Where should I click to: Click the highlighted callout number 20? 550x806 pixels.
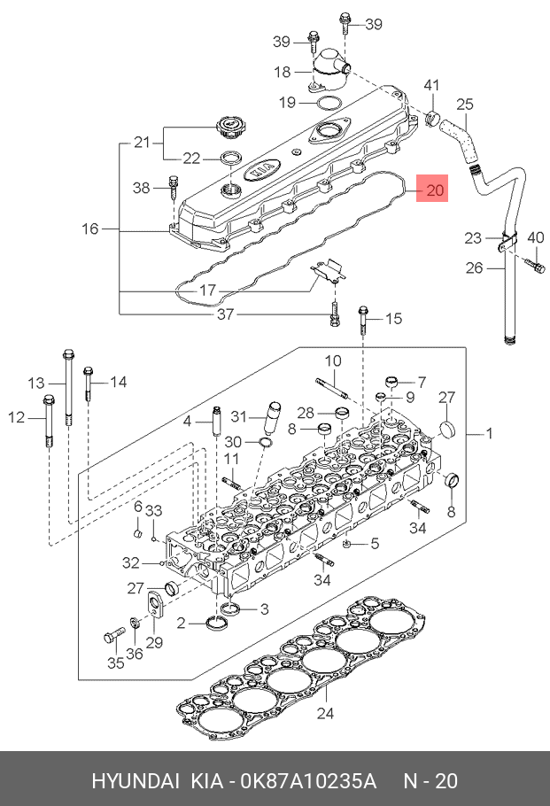[435, 190]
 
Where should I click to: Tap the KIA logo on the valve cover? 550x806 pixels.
[263, 169]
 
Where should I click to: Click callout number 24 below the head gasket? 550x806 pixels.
[325, 713]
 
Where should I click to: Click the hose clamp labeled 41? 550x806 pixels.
[433, 117]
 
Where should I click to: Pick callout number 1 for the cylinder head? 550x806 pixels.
[490, 433]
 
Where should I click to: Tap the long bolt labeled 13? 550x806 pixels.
[68, 388]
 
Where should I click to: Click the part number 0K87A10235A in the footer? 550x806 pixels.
[309, 781]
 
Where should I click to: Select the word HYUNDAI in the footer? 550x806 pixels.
[136, 781]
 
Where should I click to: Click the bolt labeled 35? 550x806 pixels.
[114, 635]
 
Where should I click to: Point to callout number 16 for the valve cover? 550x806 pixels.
[90, 229]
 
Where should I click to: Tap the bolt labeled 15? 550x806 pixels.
[363, 320]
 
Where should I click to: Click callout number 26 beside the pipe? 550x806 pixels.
[475, 267]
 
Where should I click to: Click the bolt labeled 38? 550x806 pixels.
[174, 190]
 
